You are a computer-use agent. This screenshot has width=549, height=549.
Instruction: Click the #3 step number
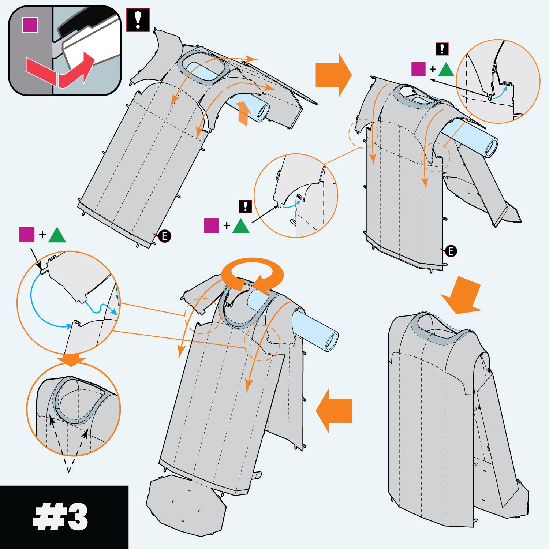pyautogui.click(x=61, y=517)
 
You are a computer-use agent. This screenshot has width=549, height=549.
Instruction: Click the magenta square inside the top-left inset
pyautogui.click(x=30, y=25)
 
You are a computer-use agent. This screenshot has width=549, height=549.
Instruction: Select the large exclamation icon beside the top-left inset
pyautogui.click(x=138, y=20)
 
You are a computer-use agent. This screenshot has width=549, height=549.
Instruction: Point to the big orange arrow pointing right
pyautogui.click(x=333, y=75)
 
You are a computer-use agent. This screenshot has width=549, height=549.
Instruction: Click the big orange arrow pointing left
pyautogui.click(x=334, y=410)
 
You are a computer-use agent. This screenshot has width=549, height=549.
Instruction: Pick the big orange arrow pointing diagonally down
pyautogui.click(x=462, y=295)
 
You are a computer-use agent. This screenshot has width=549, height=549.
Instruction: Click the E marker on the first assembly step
pyautogui.click(x=165, y=236)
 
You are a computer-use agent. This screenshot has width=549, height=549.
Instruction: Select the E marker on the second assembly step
pyautogui.click(x=451, y=251)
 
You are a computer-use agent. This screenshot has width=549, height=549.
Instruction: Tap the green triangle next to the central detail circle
pyautogui.click(x=240, y=226)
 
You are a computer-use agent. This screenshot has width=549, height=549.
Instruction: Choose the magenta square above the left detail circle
pyautogui.click(x=27, y=235)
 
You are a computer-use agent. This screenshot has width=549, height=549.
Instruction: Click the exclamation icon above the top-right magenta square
pyautogui.click(x=442, y=49)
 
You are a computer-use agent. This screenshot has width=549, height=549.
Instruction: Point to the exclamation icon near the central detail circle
pyautogui.click(x=245, y=206)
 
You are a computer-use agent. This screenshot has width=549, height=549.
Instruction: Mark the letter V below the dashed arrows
pyautogui.click(x=68, y=469)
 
